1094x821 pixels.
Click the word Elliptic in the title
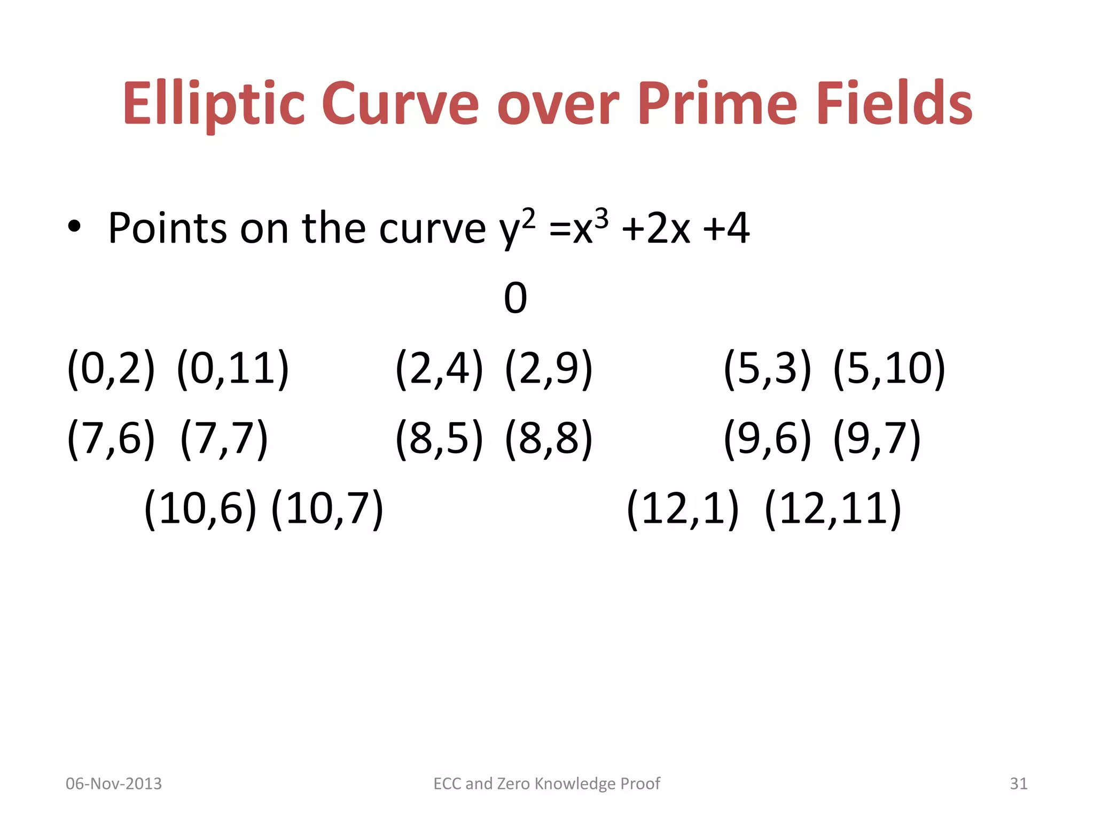pos(214,104)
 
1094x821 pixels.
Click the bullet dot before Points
pos(74,227)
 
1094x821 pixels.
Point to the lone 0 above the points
pos(515,298)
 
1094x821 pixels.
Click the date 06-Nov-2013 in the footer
pos(113,784)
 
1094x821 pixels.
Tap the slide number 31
pos(1018,784)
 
